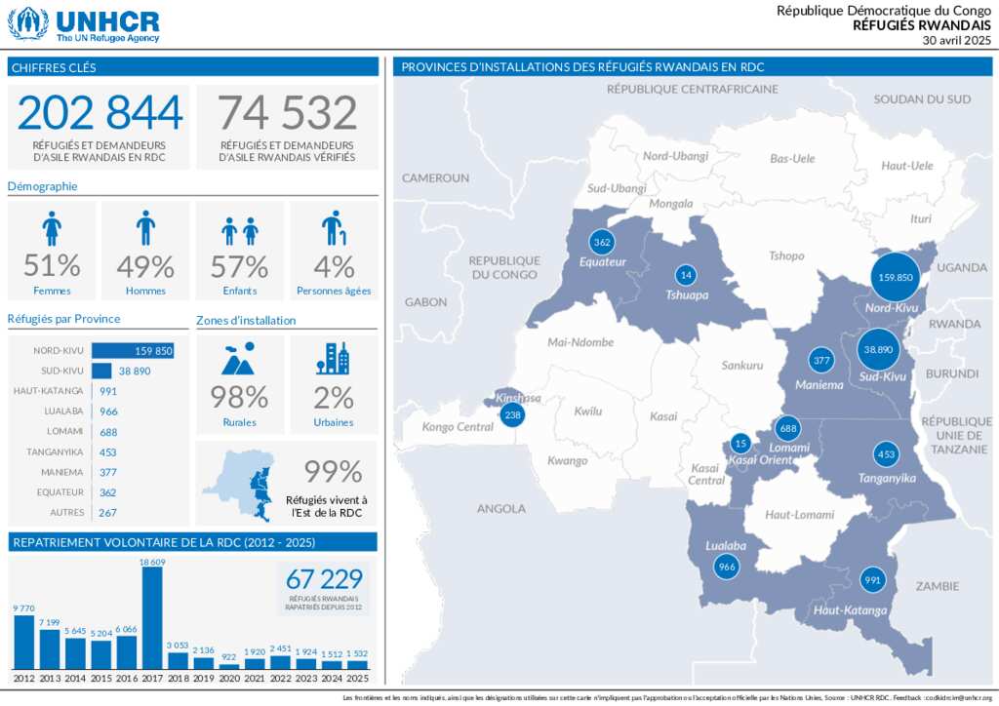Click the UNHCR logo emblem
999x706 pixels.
click(x=27, y=23)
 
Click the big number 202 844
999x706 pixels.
click(x=100, y=113)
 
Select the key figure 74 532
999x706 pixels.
click(x=287, y=113)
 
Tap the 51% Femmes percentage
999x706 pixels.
click(x=52, y=265)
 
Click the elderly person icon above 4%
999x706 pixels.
click(x=333, y=228)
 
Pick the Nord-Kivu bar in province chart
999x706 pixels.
click(x=133, y=351)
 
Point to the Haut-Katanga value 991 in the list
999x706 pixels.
click(x=108, y=391)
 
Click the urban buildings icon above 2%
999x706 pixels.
click(x=333, y=359)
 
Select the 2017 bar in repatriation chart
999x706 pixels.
click(x=152, y=618)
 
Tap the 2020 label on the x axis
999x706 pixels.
click(x=229, y=678)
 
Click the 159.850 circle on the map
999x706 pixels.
click(x=896, y=277)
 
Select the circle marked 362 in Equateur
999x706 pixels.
click(x=602, y=242)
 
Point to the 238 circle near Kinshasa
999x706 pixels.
click(x=511, y=415)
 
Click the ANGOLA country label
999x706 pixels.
click(x=501, y=508)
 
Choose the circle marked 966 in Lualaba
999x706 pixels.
click(x=726, y=567)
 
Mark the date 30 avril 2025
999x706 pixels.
click(x=956, y=40)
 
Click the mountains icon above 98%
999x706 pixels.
click(x=239, y=359)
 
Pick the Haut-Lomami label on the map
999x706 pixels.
click(x=799, y=515)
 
